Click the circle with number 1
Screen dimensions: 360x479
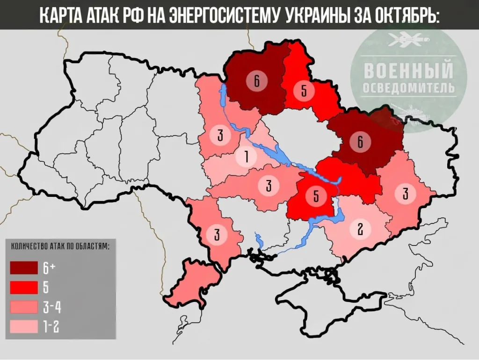tap(246, 157)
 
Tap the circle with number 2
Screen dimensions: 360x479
tap(360, 229)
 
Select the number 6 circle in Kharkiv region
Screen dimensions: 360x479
tap(360, 142)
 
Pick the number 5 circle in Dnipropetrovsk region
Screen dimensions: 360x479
tap(316, 196)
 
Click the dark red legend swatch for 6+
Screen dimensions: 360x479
tap(24, 268)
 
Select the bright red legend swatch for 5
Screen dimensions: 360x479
tap(24, 287)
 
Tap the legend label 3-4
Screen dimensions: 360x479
tap(52, 307)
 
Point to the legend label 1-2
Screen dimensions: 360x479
tap(51, 326)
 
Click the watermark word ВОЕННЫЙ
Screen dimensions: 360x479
tap(408, 72)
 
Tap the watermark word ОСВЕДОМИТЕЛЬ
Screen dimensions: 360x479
tap(408, 88)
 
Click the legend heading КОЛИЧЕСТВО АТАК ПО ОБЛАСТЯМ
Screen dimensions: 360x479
tap(59, 246)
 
